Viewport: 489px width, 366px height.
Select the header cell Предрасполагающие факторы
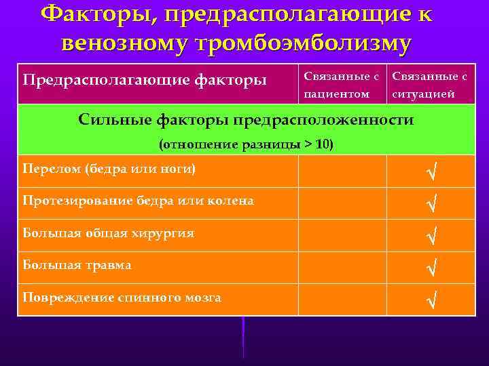145,81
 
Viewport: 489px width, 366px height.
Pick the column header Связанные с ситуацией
429,85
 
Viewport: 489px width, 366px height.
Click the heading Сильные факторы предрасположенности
245,120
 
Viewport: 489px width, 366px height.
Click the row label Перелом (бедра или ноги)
109,168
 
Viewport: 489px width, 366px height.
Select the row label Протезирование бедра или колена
138,201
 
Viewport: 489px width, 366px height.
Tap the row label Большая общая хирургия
108,233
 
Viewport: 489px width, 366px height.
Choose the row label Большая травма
77,265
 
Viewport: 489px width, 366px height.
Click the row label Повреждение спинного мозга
122,297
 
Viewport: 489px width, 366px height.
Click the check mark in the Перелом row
430,172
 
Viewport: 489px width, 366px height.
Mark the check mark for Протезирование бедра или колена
430,203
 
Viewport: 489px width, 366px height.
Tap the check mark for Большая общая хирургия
430,236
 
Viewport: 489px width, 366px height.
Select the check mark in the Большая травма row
430,268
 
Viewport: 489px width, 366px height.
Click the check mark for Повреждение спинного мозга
430,300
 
